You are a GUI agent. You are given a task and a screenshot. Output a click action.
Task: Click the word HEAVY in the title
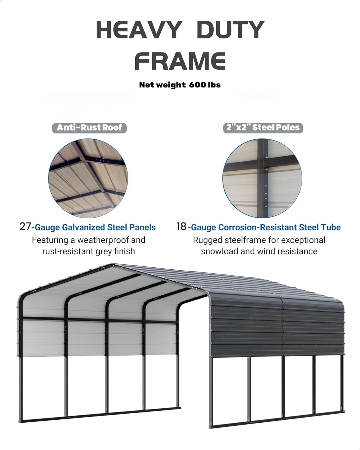click(x=138, y=30)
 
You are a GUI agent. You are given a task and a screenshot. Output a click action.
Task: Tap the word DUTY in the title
click(x=231, y=30)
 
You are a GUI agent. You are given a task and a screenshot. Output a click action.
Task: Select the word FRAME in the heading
click(x=180, y=61)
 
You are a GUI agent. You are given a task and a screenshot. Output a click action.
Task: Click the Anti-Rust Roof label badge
click(x=89, y=128)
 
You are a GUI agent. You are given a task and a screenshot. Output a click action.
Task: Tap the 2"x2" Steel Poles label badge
click(x=263, y=128)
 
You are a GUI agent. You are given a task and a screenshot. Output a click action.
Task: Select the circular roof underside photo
click(x=88, y=178)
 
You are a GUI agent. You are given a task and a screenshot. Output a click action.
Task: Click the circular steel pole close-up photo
click(x=262, y=178)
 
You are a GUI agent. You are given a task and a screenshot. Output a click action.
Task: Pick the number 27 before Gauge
click(x=25, y=226)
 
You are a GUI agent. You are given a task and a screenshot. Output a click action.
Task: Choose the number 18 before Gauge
click(x=181, y=226)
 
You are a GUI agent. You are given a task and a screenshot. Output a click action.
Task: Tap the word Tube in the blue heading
click(x=332, y=227)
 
